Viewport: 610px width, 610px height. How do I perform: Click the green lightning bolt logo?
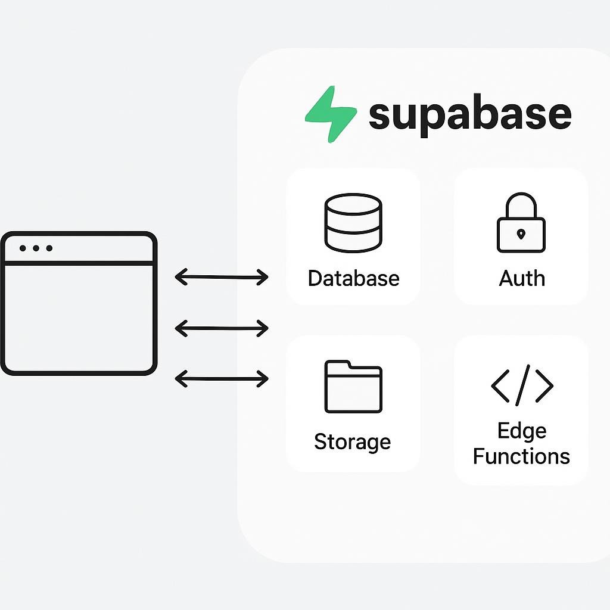click(331, 114)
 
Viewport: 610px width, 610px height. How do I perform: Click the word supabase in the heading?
click(470, 114)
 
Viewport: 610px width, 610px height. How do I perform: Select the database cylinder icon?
click(353, 223)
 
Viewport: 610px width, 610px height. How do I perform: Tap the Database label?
click(353, 278)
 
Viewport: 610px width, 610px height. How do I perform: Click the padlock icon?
click(521, 223)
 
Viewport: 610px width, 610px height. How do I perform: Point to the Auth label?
click(522, 278)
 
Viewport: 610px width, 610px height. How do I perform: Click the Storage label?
click(353, 441)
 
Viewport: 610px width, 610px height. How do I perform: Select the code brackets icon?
click(522, 385)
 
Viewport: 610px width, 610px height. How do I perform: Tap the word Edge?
click(522, 431)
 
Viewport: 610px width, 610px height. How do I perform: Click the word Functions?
click(521, 457)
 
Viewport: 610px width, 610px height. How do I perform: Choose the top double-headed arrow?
click(222, 276)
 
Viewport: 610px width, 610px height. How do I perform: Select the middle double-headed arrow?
click(222, 328)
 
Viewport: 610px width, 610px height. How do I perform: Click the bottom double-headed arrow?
click(222, 378)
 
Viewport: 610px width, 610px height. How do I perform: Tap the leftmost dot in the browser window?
click(23, 248)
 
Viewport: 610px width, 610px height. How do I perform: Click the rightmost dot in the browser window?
click(49, 248)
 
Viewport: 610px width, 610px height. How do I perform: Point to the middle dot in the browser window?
click(36, 248)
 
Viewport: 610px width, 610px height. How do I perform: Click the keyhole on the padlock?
click(521, 234)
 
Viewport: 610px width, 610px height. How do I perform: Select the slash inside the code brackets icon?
click(522, 385)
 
